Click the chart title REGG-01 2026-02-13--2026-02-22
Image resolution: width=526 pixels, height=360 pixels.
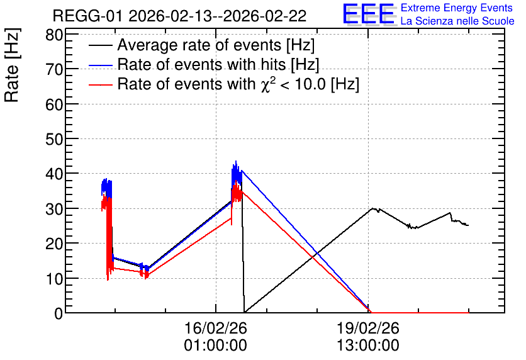[x=179, y=16]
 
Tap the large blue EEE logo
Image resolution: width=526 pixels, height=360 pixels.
[x=368, y=13]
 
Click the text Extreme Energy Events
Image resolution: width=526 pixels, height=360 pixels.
[x=457, y=8]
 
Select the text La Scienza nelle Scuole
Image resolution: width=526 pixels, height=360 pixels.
[x=457, y=21]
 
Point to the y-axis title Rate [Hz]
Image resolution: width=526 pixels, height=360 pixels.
[x=12, y=65]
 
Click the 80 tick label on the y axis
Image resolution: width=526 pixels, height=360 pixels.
[x=54, y=35]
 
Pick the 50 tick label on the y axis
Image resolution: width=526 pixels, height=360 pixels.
[x=54, y=139]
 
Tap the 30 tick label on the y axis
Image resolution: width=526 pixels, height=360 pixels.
[x=54, y=208]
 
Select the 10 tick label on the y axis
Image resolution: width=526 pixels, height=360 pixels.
[x=54, y=278]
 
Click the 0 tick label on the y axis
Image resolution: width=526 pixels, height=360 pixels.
[x=59, y=313]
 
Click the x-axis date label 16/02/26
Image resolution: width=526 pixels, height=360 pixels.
[x=216, y=328]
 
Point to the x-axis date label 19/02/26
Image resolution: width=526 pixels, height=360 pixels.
[x=368, y=328]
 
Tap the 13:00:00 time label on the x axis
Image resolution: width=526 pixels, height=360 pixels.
[x=368, y=346]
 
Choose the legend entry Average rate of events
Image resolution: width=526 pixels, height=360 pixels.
[x=201, y=45]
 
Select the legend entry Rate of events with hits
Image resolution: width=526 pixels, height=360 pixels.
[x=204, y=64]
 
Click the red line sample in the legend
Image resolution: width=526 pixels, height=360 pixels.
[x=100, y=85]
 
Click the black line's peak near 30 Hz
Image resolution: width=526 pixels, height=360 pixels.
[x=372, y=208]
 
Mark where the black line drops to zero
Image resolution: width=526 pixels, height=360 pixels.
[x=245, y=312]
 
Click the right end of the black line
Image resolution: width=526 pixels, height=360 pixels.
[x=468, y=225]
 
